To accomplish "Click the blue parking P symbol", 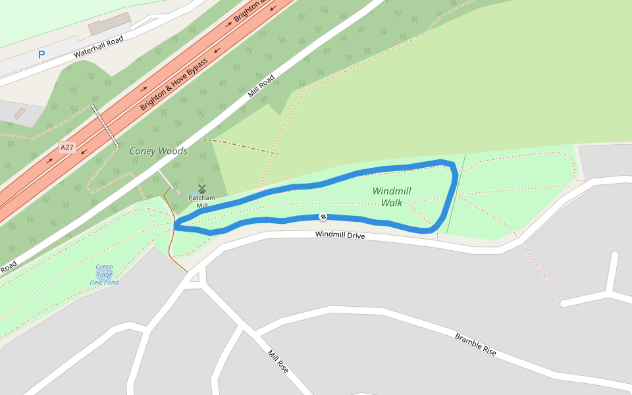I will coord(41,55).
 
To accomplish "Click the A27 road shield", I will coord(66,147).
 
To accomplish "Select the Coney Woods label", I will coord(158,151).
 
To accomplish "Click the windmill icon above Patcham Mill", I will coord(202,189).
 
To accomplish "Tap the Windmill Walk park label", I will coord(392,197).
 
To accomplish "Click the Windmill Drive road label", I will coord(340,235).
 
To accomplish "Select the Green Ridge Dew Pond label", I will coord(104,275).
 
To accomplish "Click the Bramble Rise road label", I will coord(475,344).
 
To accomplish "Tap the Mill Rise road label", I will coord(278,361).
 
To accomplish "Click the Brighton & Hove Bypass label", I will coord(174,84).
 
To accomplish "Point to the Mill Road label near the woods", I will coord(261,86).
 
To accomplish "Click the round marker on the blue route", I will coord(323,217).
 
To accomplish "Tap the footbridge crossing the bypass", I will coord(105,125).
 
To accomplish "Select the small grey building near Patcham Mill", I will coord(178,192).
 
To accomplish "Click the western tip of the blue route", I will coord(176,225).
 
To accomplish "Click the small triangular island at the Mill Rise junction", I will coord(194,278).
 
